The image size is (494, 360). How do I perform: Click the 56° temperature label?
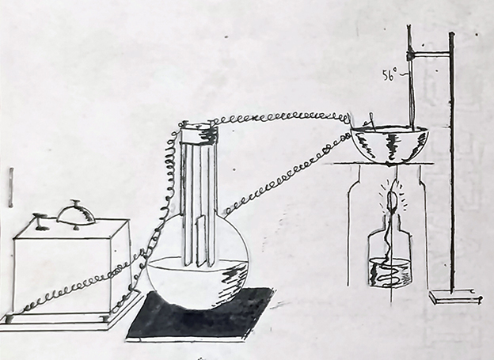pyautogui.click(x=389, y=78)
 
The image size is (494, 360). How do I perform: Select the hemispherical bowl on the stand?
pyautogui.click(x=389, y=143)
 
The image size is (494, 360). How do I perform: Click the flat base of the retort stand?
pyautogui.click(x=454, y=297)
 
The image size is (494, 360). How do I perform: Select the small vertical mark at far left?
pyautogui.click(x=9, y=187)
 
